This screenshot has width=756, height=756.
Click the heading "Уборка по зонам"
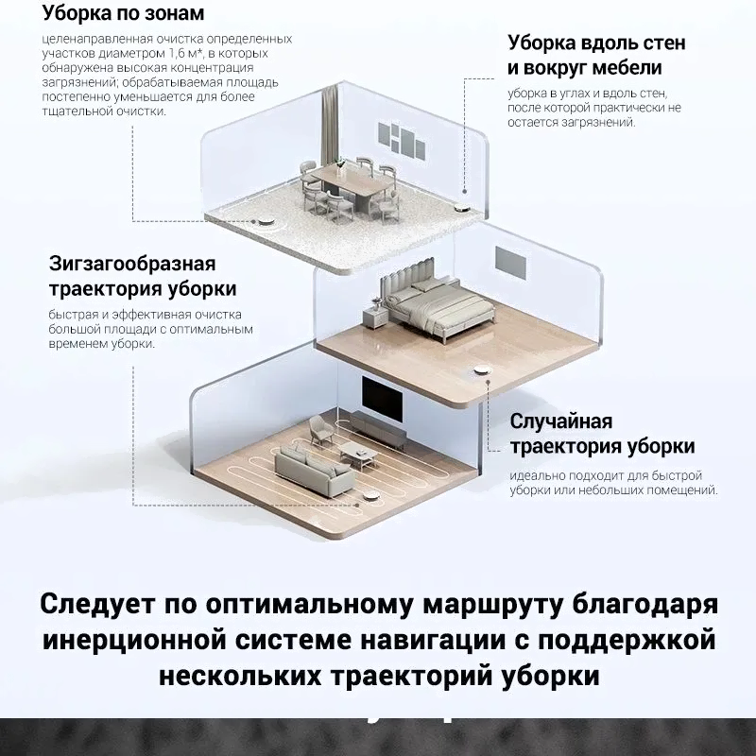[x=123, y=15]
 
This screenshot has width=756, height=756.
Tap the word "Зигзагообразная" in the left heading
[x=133, y=263]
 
